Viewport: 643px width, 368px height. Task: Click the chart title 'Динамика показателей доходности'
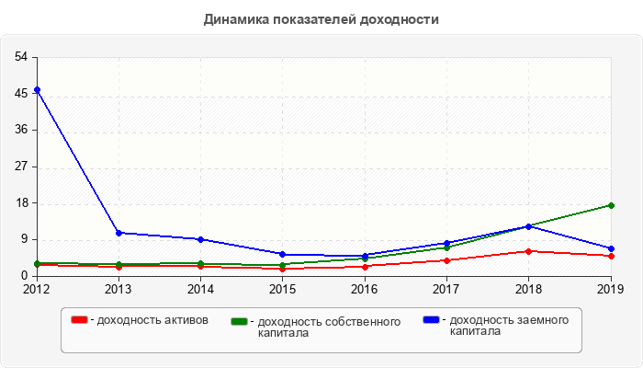321,18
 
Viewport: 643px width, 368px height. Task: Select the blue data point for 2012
37,90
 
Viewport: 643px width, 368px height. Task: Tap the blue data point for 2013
118,233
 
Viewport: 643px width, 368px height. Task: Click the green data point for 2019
611,205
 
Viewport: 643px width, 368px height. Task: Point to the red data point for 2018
529,251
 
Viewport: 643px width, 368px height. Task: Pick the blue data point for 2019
611,248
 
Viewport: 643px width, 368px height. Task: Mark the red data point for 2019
611,256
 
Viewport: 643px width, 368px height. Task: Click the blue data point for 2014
200,239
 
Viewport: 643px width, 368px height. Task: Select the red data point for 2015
283,269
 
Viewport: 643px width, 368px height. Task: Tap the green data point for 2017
446,247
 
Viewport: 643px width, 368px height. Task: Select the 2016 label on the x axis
365,289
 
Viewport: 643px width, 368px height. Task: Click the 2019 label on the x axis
611,289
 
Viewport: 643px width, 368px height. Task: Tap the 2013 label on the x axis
118,289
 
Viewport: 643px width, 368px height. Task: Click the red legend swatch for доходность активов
80,320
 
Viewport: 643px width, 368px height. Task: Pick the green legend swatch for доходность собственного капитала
240,321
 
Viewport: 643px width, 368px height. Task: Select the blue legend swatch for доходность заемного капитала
431,320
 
